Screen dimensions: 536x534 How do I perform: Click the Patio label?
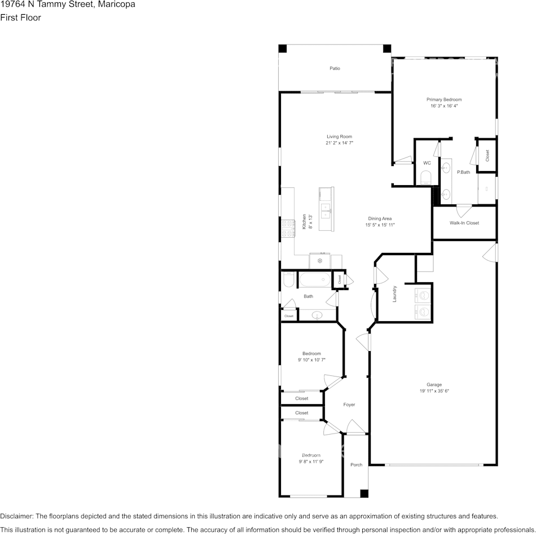click(x=335, y=68)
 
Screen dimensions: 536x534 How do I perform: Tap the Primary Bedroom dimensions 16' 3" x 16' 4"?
click(x=443, y=106)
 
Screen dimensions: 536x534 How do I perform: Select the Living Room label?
click(x=339, y=137)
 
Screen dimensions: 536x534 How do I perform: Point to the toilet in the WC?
click(x=427, y=178)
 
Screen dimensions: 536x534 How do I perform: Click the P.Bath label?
click(x=464, y=172)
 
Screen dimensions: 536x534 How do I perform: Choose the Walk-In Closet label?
click(x=464, y=223)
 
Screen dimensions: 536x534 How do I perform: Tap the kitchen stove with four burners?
click(x=288, y=229)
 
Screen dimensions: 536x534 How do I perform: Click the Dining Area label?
click(x=380, y=218)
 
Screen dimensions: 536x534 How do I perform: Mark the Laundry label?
click(x=394, y=294)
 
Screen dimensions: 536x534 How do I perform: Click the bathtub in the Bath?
click(x=315, y=280)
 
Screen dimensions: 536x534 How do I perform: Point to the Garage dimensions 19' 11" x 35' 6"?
click(x=434, y=391)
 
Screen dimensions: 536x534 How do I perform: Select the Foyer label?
click(x=349, y=405)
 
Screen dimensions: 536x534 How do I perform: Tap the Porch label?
click(x=356, y=465)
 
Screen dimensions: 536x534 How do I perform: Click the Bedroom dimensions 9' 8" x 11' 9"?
click(x=311, y=462)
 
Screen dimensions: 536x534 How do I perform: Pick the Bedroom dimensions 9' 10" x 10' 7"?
click(x=311, y=360)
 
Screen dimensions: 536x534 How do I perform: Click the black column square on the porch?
click(x=364, y=493)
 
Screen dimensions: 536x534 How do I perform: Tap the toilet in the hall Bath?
click(x=289, y=279)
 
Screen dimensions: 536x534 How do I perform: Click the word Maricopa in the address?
click(x=117, y=5)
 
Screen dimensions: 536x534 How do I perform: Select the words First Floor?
click(x=20, y=17)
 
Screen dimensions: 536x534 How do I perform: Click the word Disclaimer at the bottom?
click(x=17, y=516)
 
